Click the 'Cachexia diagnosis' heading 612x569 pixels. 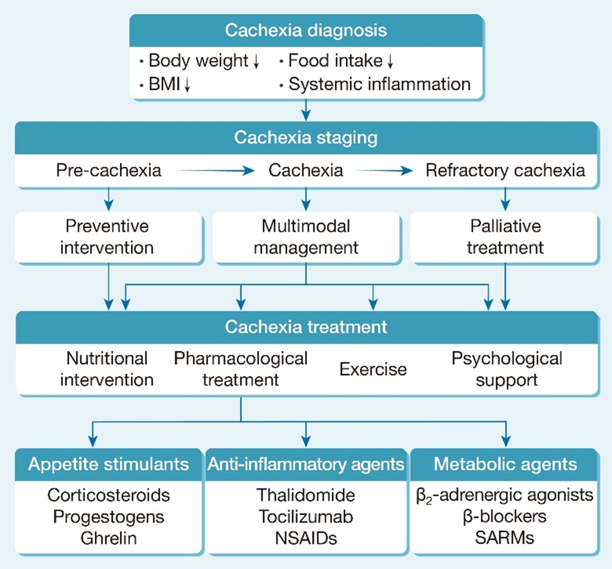305,30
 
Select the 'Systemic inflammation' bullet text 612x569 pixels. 379,84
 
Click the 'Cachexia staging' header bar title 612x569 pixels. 305,137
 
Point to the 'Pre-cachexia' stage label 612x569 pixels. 109,170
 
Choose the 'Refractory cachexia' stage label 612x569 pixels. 505,170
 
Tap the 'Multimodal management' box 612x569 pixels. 305,237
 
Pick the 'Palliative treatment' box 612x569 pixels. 505,237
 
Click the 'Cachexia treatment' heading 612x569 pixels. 305,327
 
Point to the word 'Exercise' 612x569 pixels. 373,369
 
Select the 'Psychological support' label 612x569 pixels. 506,369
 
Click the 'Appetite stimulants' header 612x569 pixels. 108,464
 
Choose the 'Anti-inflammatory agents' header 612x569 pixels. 305,464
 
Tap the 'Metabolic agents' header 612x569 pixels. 505,464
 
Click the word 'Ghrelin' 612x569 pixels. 108,538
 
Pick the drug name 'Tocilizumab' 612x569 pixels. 305,517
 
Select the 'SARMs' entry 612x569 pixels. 504,538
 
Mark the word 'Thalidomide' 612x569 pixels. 305,495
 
